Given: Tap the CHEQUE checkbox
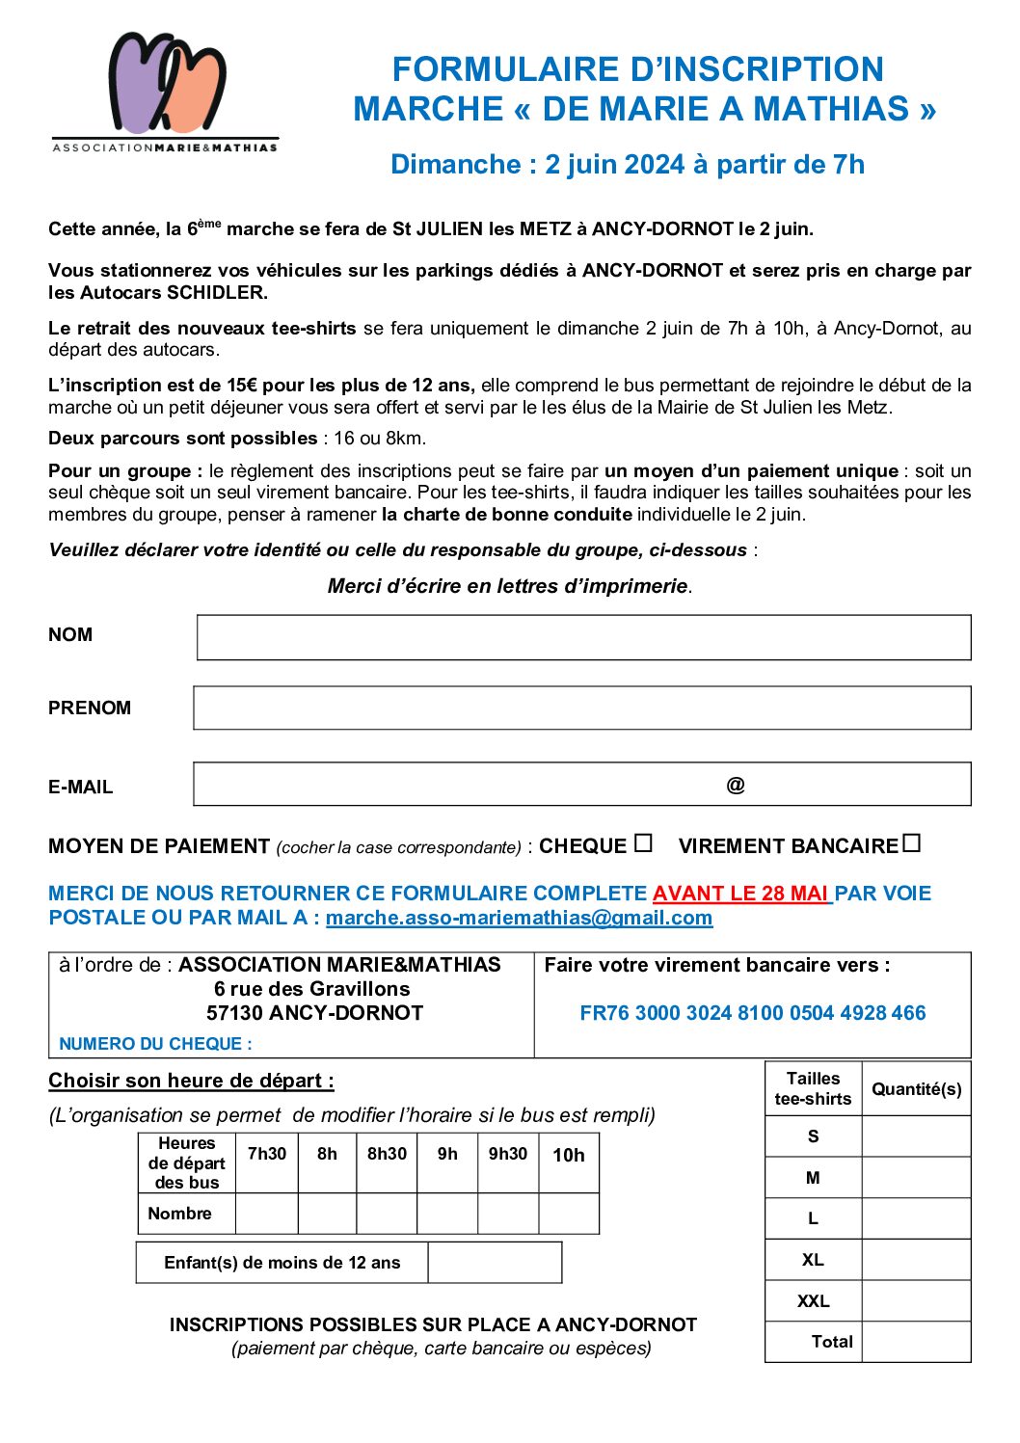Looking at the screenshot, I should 643,843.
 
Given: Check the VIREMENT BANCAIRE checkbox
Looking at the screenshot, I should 912,843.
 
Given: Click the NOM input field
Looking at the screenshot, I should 583,637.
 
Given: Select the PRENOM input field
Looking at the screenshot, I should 581,708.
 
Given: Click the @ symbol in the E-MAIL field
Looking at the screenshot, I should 736,786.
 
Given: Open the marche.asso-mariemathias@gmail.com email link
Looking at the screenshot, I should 519,918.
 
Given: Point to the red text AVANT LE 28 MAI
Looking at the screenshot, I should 740,894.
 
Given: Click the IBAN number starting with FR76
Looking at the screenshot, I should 752,1013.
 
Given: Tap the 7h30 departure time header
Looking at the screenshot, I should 267,1154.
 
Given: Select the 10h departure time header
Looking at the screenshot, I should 568,1155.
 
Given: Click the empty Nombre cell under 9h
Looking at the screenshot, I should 447,1214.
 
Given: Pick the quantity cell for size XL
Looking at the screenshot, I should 916,1260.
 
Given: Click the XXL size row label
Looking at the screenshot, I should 813,1301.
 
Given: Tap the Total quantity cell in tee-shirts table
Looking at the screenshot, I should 916,1342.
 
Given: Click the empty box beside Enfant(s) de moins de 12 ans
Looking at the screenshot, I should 495,1263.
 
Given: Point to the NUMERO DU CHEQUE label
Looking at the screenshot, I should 155,1044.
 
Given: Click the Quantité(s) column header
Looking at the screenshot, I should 916,1089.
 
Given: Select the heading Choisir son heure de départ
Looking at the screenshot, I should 191,1081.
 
